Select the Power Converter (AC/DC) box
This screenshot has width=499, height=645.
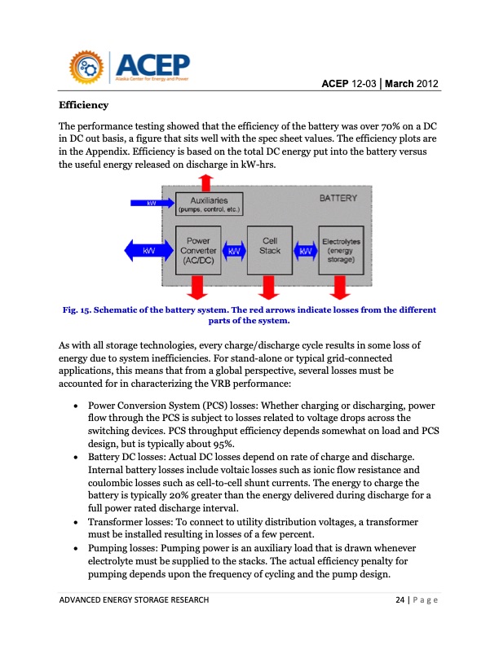click(x=198, y=251)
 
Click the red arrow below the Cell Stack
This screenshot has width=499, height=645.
click(x=269, y=287)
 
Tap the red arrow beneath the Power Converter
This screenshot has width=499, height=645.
click(x=197, y=287)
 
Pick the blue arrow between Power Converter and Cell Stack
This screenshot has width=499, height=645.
click(x=234, y=251)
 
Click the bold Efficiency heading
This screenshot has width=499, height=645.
click(x=83, y=106)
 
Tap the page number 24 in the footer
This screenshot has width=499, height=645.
click(x=400, y=601)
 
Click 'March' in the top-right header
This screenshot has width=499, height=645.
click(x=400, y=84)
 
